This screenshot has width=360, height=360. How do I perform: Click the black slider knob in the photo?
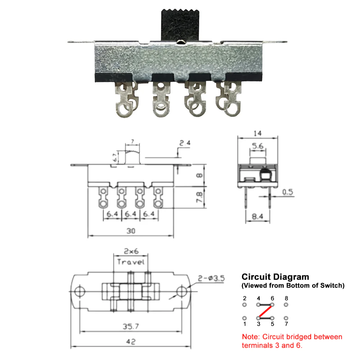pyautogui.click(x=180, y=25)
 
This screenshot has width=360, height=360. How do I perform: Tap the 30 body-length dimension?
pyautogui.click(x=131, y=231)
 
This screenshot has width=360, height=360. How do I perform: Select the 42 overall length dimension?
pyautogui.click(x=131, y=341)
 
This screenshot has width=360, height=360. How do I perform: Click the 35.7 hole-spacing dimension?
pyautogui.click(x=131, y=326)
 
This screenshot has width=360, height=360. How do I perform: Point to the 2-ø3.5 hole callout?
pyautogui.click(x=211, y=278)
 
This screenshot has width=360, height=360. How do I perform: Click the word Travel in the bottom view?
pyautogui.click(x=131, y=262)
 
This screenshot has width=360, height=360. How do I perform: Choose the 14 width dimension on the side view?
pyautogui.click(x=258, y=133)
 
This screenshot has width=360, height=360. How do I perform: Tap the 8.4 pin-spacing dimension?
pyautogui.click(x=257, y=216)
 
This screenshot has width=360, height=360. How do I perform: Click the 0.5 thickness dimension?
pyautogui.click(x=288, y=192)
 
